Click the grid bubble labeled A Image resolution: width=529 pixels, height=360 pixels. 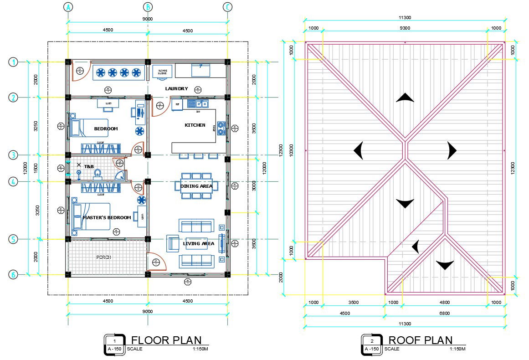pyautogui.click(x=68, y=7)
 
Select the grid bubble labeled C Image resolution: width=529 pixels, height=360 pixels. pyautogui.click(x=228, y=7)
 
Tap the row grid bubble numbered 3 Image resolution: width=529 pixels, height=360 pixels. pyautogui.click(x=14, y=155)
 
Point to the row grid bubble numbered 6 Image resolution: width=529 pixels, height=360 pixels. pyautogui.click(x=14, y=274)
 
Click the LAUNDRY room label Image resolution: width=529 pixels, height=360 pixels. pyautogui.click(x=176, y=88)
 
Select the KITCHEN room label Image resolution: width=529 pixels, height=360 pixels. pyautogui.click(x=195, y=125)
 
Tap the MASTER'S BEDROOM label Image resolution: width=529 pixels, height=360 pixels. pyautogui.click(x=107, y=217)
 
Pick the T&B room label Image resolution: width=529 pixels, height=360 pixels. pyautogui.click(x=89, y=167)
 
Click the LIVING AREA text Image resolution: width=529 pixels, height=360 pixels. pyautogui.click(x=198, y=243)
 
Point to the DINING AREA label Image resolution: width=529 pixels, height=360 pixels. pyautogui.click(x=196, y=185)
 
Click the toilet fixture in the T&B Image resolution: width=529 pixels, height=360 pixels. pyautogui.click(x=97, y=173)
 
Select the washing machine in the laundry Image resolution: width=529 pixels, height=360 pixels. pyautogui.click(x=162, y=72)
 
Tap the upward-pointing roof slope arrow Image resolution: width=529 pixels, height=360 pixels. pyautogui.click(x=405, y=97)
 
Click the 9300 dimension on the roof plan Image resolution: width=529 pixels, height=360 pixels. pyautogui.click(x=405, y=28)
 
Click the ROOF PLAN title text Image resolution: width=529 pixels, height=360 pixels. pyautogui.click(x=420, y=340)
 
